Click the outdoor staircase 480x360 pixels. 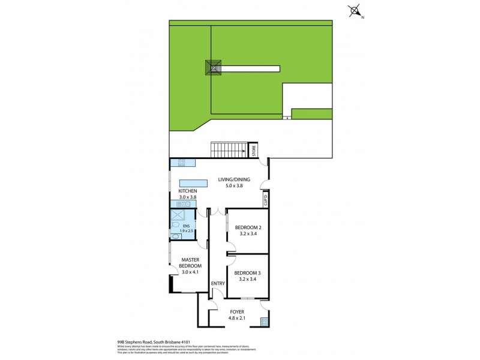(x=228, y=149)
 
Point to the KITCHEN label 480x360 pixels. (x=187, y=191)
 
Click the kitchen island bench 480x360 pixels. (x=193, y=183)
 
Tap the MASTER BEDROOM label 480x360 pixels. (x=191, y=263)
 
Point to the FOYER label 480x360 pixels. (x=238, y=313)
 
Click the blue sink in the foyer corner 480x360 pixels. (x=265, y=322)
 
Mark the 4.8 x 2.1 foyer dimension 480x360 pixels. (x=238, y=319)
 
